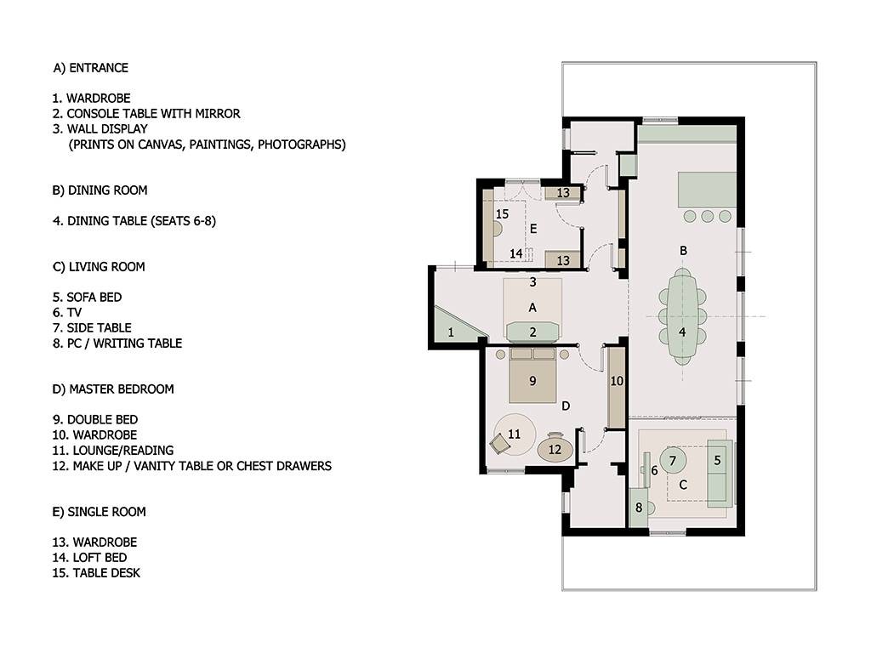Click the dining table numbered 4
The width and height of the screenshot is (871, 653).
(x=682, y=316)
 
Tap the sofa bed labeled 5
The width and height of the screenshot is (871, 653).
(x=720, y=473)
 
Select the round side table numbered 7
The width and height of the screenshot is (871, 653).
(x=674, y=461)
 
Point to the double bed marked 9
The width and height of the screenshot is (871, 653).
(x=532, y=376)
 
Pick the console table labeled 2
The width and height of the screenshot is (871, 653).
(x=532, y=332)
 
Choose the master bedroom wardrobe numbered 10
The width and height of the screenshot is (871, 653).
(x=616, y=387)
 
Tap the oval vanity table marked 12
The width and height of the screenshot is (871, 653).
(x=555, y=449)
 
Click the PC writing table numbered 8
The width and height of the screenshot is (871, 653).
(x=638, y=508)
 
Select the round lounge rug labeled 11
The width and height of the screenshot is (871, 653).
(x=515, y=434)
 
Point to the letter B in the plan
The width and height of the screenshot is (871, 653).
(x=683, y=251)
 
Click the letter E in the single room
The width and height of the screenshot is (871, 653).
(x=533, y=229)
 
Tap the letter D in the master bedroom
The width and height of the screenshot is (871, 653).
(x=566, y=406)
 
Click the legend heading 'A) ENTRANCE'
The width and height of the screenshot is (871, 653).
(x=90, y=68)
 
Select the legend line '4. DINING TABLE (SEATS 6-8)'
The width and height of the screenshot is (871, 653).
(x=134, y=221)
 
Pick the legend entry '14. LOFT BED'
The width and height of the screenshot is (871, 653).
(x=89, y=558)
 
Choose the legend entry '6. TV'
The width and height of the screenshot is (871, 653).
(x=66, y=313)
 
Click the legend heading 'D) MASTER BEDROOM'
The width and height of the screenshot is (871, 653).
(x=113, y=389)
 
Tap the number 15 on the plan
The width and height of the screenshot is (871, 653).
(x=502, y=213)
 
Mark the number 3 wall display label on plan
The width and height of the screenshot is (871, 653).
(x=532, y=282)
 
